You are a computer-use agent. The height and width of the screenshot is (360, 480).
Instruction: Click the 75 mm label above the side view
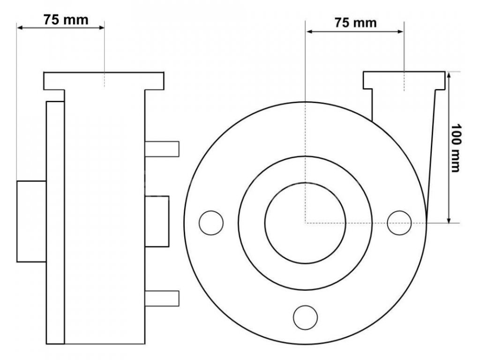(66, 20)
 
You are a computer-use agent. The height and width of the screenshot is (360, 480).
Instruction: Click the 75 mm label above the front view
(356, 22)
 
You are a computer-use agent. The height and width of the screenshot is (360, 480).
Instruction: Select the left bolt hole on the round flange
(211, 222)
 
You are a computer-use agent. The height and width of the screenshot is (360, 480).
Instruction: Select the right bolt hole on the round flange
(400, 222)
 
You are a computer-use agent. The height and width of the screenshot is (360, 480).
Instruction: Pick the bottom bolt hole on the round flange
(305, 317)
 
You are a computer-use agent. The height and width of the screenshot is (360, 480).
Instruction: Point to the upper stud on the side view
(162, 148)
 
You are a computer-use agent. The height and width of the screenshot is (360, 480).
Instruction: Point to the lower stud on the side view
(162, 298)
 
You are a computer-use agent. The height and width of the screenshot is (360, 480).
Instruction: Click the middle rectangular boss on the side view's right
(157, 221)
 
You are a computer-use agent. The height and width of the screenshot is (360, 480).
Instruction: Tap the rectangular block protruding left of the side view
(31, 221)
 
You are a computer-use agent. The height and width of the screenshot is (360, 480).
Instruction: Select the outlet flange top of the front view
(404, 80)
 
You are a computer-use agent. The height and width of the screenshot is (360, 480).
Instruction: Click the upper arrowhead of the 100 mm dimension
(449, 75)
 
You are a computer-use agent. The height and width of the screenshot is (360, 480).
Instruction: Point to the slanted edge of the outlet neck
(431, 150)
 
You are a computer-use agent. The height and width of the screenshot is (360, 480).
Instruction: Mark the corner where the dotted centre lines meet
(306, 223)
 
